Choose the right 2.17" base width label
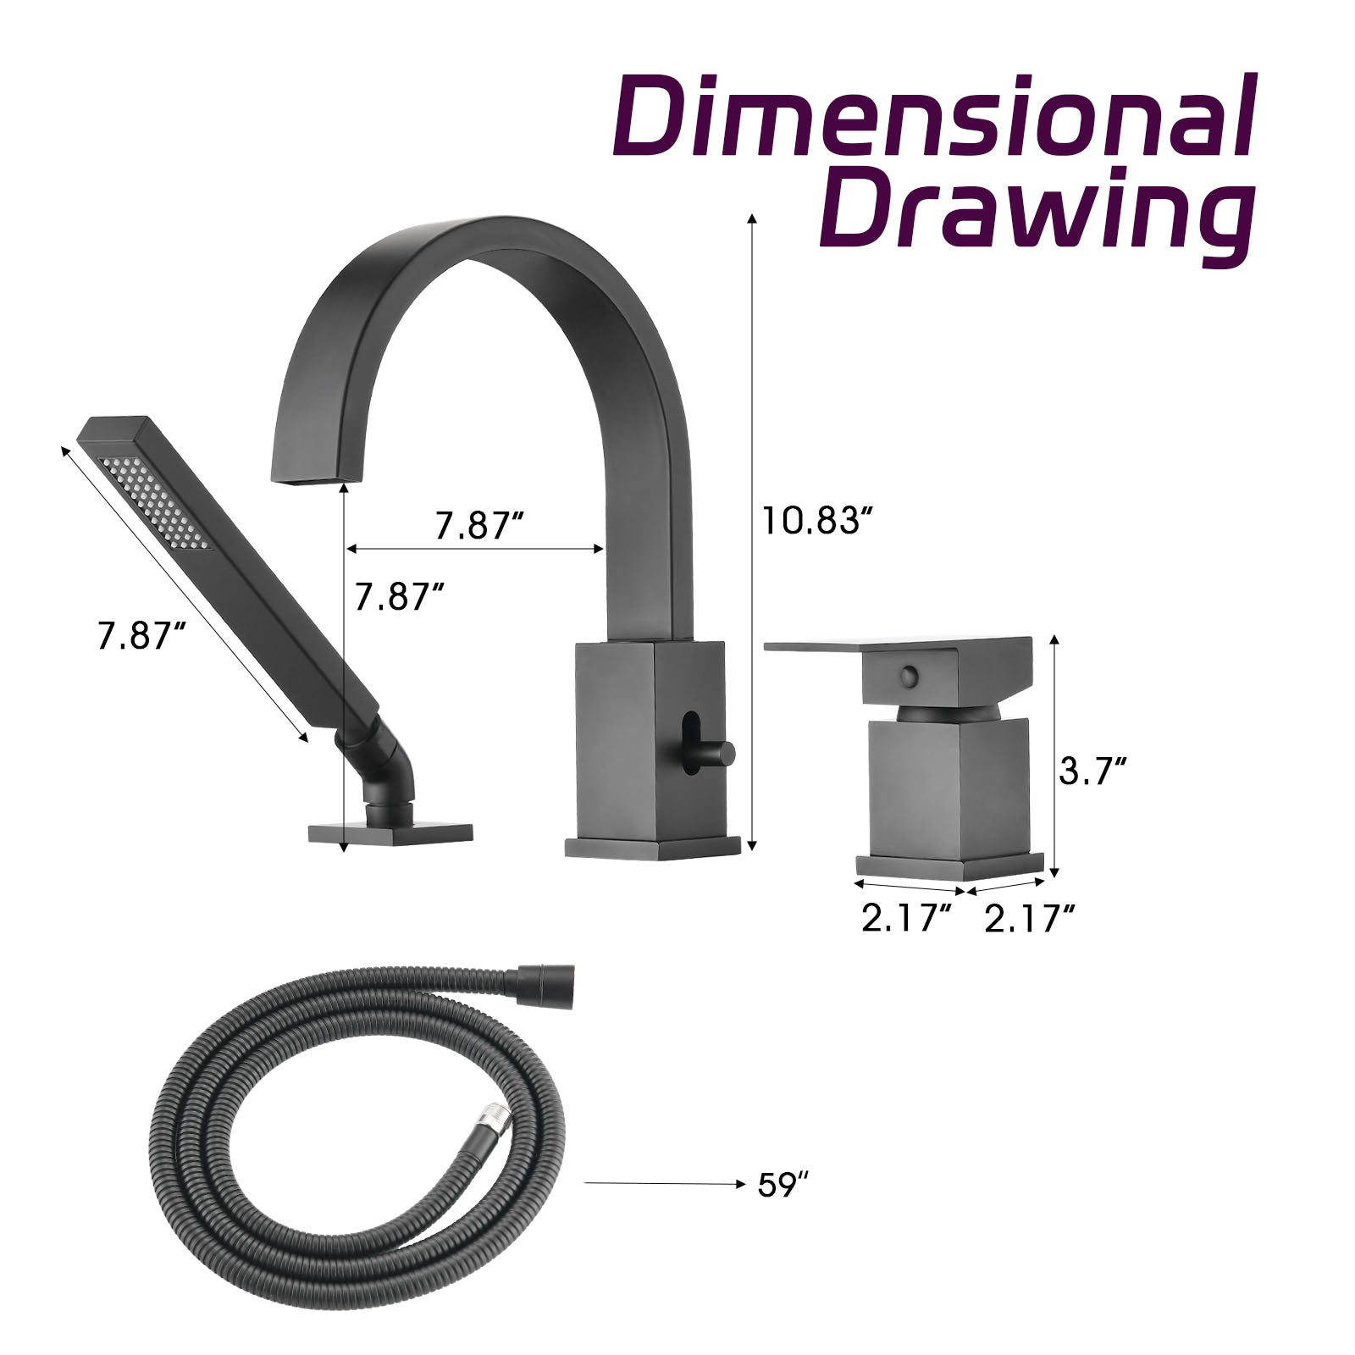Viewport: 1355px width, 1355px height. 1030,918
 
